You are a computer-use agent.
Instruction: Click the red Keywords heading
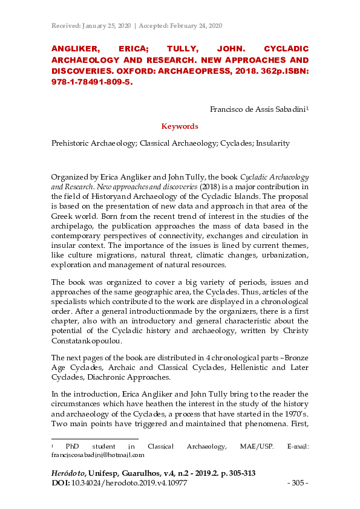[180, 126]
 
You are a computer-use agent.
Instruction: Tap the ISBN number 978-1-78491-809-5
[91, 84]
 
